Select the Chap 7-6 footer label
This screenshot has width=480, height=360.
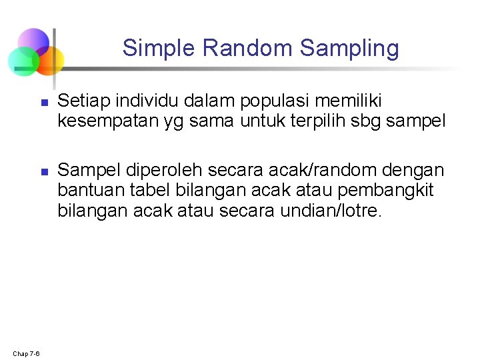(x=26, y=353)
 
